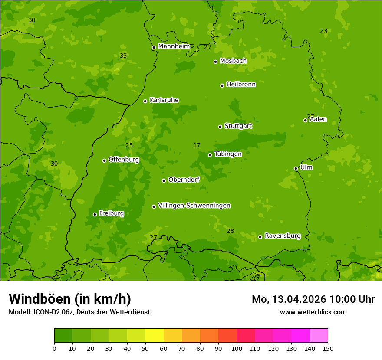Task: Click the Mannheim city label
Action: [174, 46]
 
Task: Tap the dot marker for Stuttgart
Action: [220, 127]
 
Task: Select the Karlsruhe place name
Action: [164, 100]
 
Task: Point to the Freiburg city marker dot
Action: [95, 214]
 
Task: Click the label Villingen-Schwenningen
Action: [194, 206]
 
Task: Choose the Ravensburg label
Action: [283, 236]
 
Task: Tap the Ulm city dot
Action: [296, 168]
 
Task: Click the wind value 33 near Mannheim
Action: [123, 56]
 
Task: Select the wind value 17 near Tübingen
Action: [197, 145]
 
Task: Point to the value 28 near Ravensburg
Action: [230, 231]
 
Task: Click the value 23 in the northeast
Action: [323, 31]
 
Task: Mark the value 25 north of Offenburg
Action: [129, 145]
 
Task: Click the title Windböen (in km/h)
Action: [70, 299]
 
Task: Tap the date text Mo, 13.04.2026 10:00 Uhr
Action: [313, 299]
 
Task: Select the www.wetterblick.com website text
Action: [313, 312]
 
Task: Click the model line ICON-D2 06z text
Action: [79, 312]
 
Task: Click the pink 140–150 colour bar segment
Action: [319, 336]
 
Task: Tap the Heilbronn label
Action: [241, 85]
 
